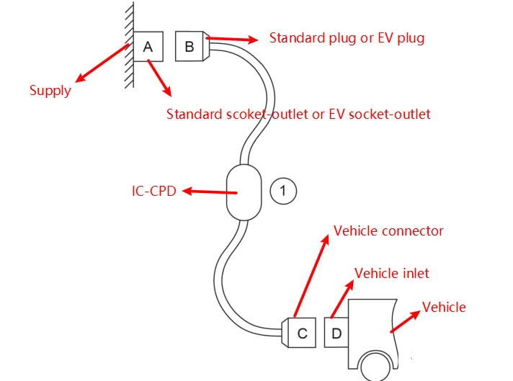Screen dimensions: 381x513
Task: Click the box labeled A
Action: [148, 48]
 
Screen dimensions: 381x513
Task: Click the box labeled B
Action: [189, 48]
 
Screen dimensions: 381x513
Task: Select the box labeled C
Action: [303, 333]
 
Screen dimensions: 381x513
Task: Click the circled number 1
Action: [282, 191]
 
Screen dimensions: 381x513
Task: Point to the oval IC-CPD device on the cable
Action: [243, 192]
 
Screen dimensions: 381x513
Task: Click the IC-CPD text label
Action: [153, 192]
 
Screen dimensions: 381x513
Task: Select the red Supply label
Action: [50, 91]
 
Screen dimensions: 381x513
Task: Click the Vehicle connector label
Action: [388, 231]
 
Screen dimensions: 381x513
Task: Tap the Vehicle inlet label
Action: [392, 273]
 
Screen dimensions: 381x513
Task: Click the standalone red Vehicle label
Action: [444, 308]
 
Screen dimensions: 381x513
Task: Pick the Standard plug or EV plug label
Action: [347, 37]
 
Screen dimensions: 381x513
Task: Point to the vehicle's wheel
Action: [377, 367]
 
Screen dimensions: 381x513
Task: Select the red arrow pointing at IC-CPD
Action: [210, 192]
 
